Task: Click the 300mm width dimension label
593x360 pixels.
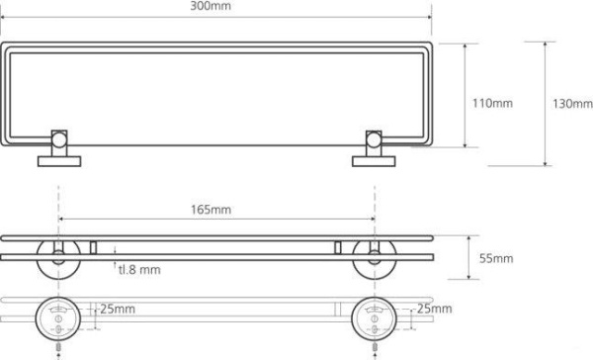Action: pos(211,6)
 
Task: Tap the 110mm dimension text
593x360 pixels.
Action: pos(492,103)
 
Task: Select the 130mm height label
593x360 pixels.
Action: pos(572,104)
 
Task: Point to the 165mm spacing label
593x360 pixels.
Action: pos(211,210)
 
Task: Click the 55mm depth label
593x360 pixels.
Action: pos(496,258)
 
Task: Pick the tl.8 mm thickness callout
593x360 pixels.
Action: pos(139,270)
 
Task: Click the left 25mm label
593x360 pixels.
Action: pos(118,309)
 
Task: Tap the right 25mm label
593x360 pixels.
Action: pos(434,309)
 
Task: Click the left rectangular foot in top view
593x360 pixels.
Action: pos(59,161)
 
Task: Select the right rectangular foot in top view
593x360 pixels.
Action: pos(374,161)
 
